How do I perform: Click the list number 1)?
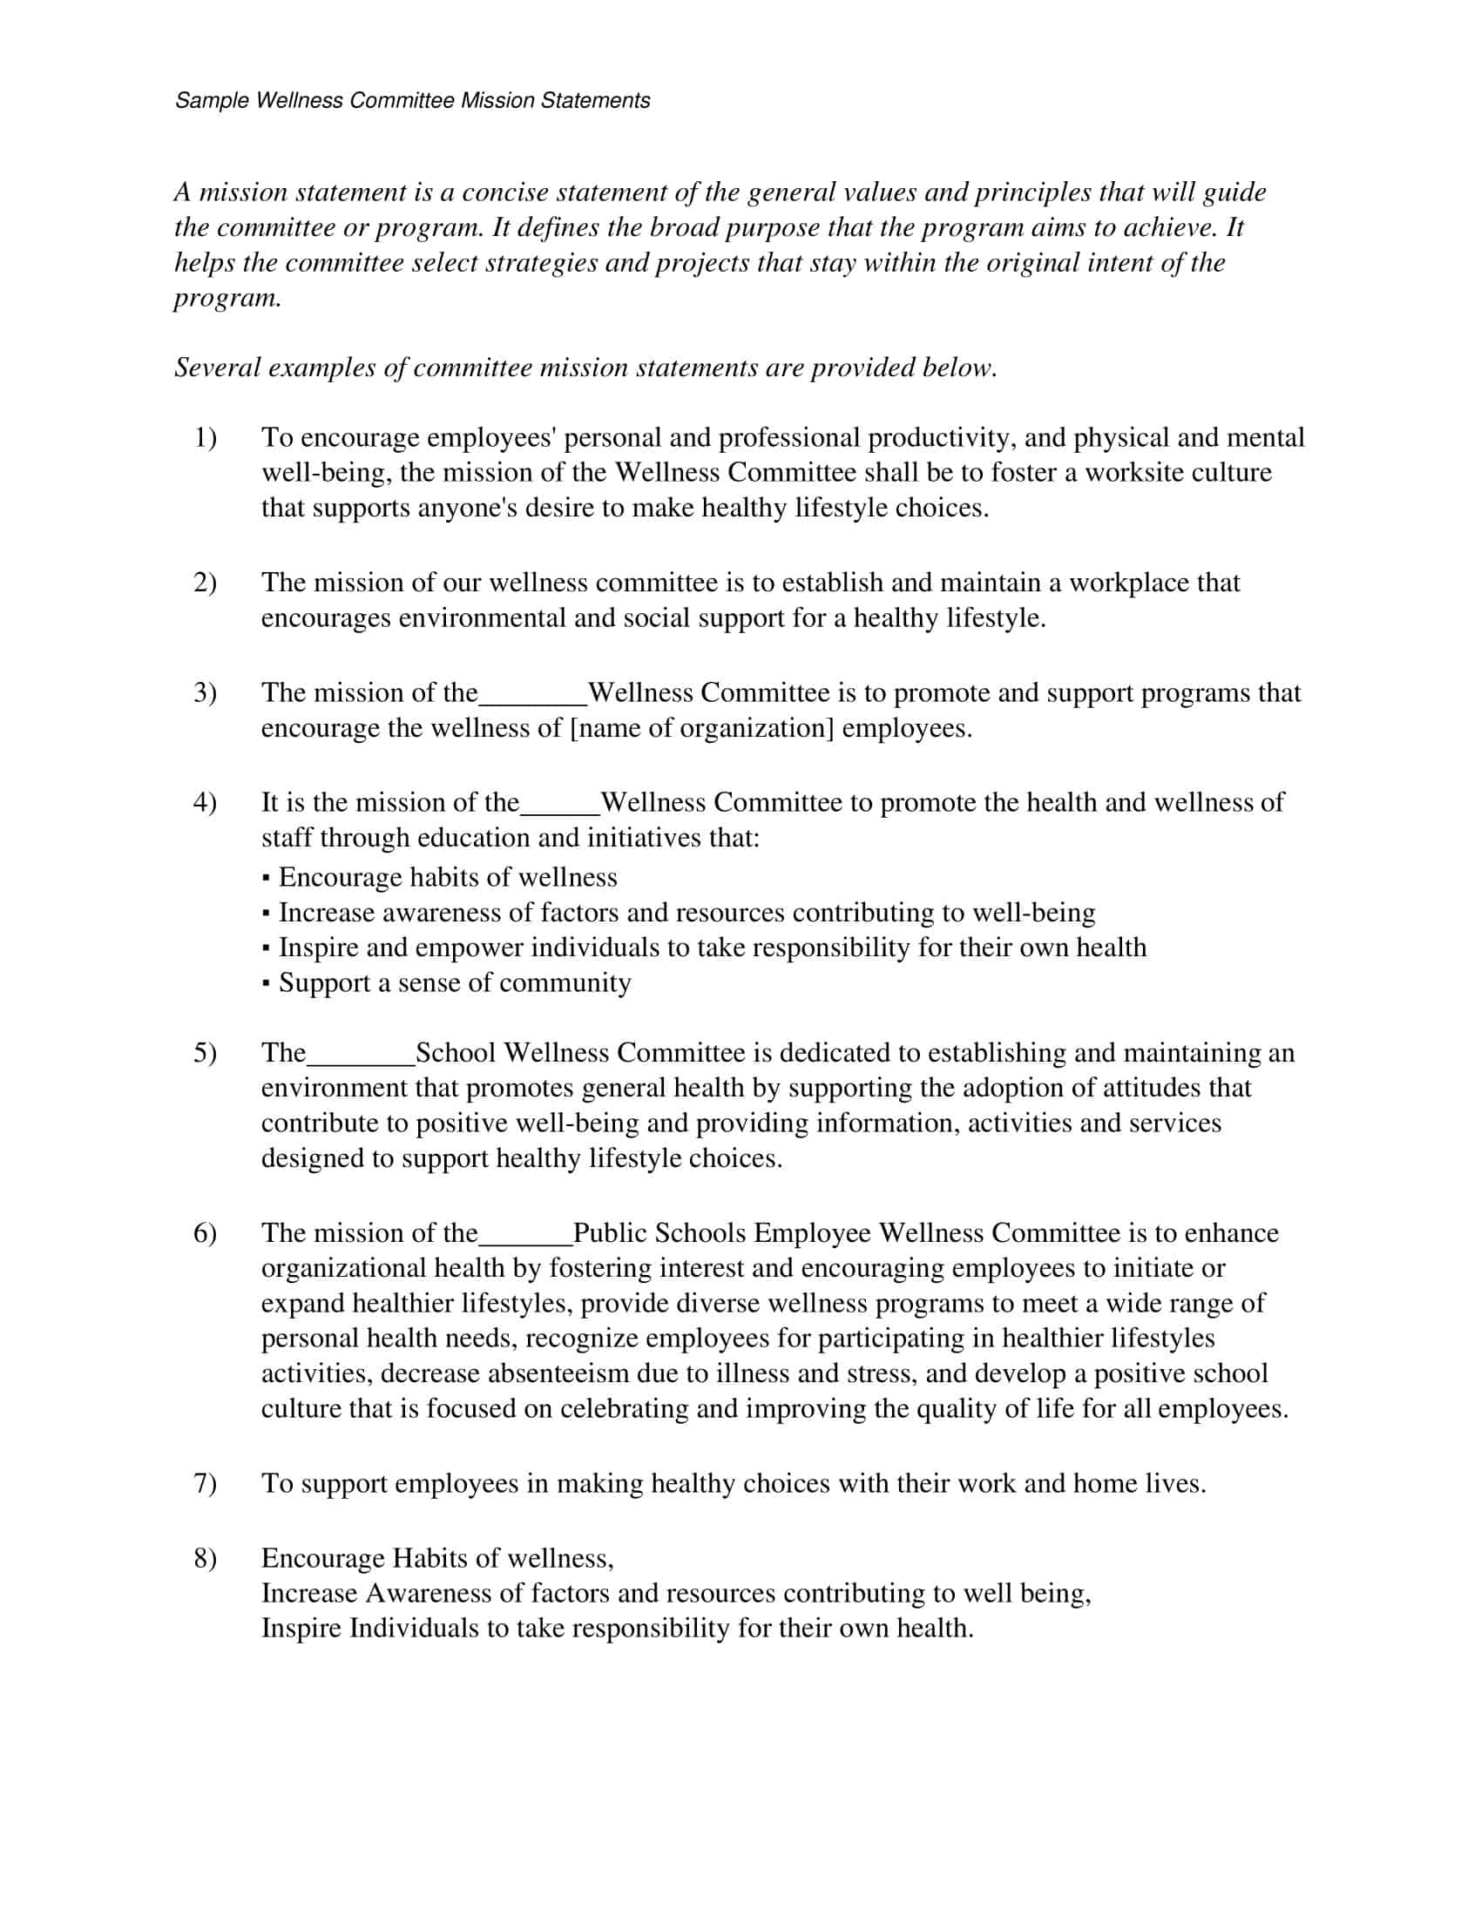coord(205,437)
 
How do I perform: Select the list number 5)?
coord(205,1052)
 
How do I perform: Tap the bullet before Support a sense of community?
coord(266,984)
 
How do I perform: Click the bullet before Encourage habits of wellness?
coord(266,879)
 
